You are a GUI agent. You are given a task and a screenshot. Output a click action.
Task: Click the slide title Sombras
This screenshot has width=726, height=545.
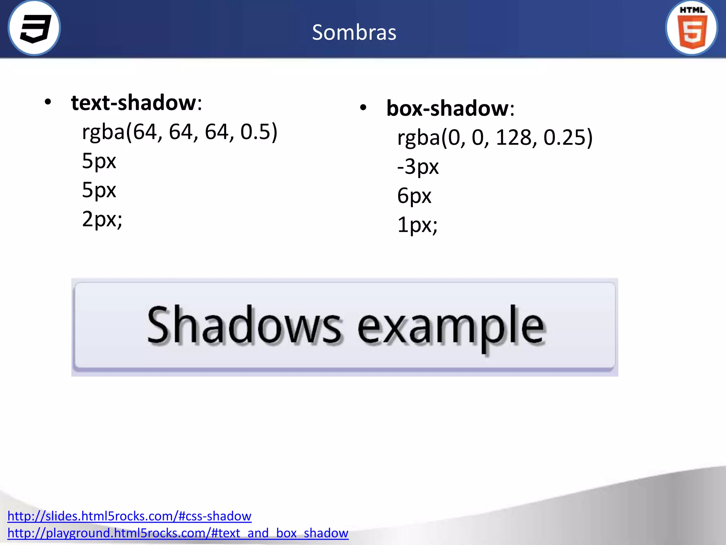tap(354, 33)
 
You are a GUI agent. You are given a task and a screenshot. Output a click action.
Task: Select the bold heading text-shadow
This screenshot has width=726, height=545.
tap(133, 103)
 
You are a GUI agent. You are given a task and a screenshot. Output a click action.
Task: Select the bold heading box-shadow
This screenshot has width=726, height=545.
tap(447, 108)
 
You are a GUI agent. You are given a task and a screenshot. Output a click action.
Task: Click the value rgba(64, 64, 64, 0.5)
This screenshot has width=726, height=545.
tap(179, 132)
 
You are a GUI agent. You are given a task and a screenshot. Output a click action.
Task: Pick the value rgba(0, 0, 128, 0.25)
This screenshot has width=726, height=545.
tap(495, 138)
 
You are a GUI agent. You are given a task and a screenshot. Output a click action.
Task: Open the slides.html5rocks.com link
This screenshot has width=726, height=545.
tap(129, 516)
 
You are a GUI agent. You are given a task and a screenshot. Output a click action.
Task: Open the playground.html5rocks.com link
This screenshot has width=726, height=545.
tap(178, 533)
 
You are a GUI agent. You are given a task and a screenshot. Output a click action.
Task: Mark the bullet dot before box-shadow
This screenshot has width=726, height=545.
tap(363, 108)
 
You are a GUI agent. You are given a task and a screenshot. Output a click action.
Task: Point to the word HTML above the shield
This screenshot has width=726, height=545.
tap(692, 10)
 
